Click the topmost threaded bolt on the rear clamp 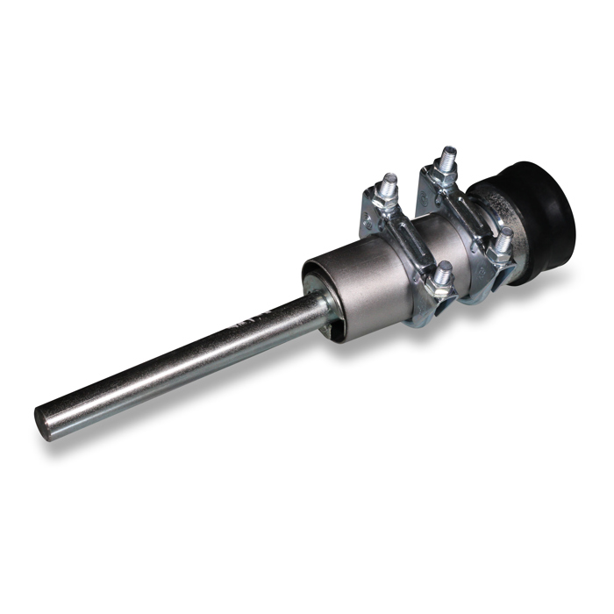click(448, 158)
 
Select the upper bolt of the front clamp click(389, 184)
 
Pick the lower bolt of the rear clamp click(503, 239)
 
